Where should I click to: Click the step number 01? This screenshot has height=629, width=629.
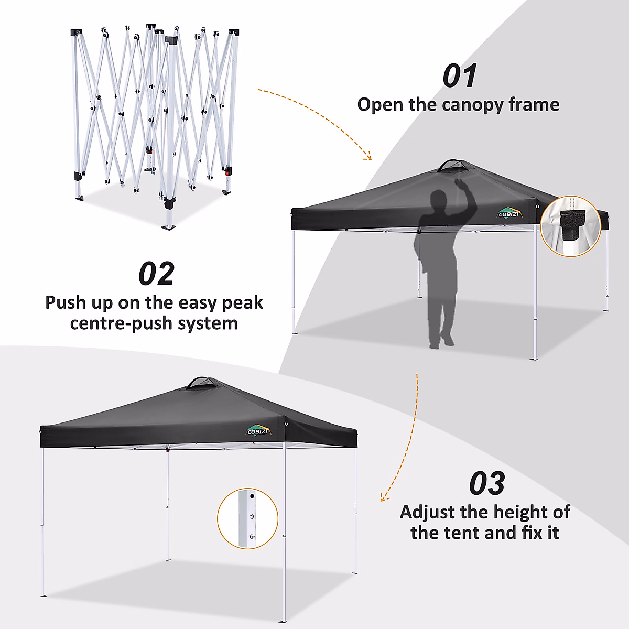[x=460, y=77]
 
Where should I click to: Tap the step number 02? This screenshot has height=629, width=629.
[x=156, y=274]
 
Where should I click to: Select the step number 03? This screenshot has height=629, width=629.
[x=487, y=483]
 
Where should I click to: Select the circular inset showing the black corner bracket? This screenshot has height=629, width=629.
[x=570, y=226]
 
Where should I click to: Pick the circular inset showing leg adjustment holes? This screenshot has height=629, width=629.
[x=247, y=519]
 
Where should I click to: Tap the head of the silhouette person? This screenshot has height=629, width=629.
[x=439, y=201]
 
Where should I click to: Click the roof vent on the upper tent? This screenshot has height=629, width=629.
[x=453, y=166]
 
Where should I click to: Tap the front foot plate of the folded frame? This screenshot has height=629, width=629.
[x=170, y=227]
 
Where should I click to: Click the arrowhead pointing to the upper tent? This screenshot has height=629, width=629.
[x=368, y=156]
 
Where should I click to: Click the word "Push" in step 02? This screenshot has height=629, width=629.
[x=64, y=303]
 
